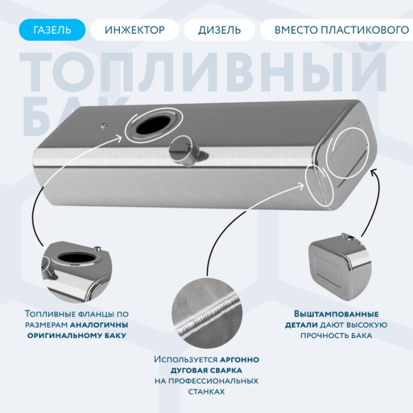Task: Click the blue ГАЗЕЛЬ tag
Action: coord(52,30)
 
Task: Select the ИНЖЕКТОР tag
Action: coord(135,30)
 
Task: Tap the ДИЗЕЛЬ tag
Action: coord(219,30)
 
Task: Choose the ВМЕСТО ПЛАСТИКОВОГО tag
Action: coord(337,30)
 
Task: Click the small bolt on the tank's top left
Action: coord(103,125)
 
